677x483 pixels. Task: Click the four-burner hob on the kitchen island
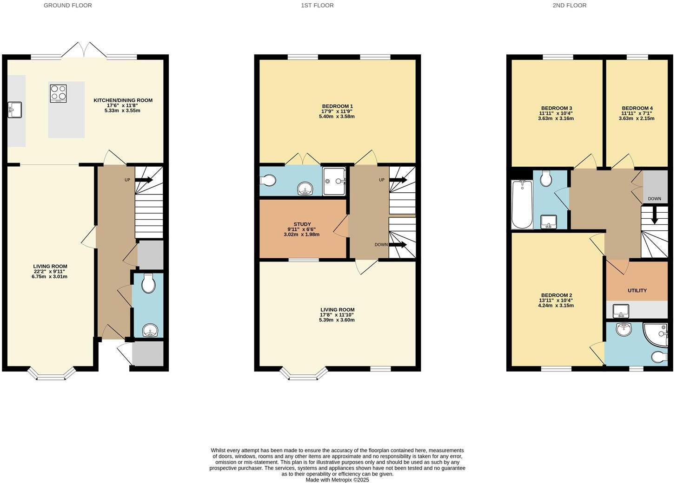(58, 93)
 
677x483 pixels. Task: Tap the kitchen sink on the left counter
(14, 110)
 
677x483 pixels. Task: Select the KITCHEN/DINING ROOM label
(123, 100)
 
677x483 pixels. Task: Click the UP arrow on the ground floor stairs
(144, 180)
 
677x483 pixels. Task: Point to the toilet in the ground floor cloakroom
(148, 283)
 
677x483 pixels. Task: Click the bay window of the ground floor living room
(51, 373)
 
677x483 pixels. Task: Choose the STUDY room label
(302, 224)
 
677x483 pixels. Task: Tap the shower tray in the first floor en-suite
(334, 181)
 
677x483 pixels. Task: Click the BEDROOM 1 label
(337, 106)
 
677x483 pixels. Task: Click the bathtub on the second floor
(522, 204)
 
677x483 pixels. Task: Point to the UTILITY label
(637, 291)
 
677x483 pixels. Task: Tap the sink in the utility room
(621, 310)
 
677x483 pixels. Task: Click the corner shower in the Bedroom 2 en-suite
(657, 334)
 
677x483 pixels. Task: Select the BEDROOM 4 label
(637, 108)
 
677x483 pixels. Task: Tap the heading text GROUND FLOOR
(68, 6)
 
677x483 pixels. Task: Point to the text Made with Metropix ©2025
(337, 480)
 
